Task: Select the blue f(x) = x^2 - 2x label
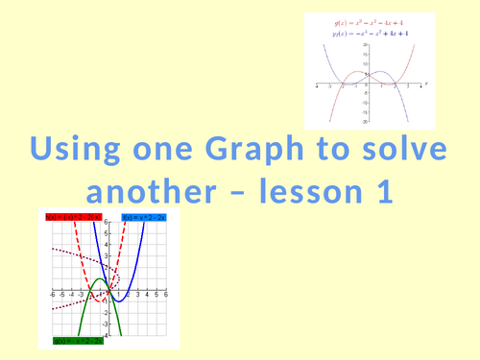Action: (145, 218)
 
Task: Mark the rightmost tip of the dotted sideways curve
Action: (108, 290)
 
